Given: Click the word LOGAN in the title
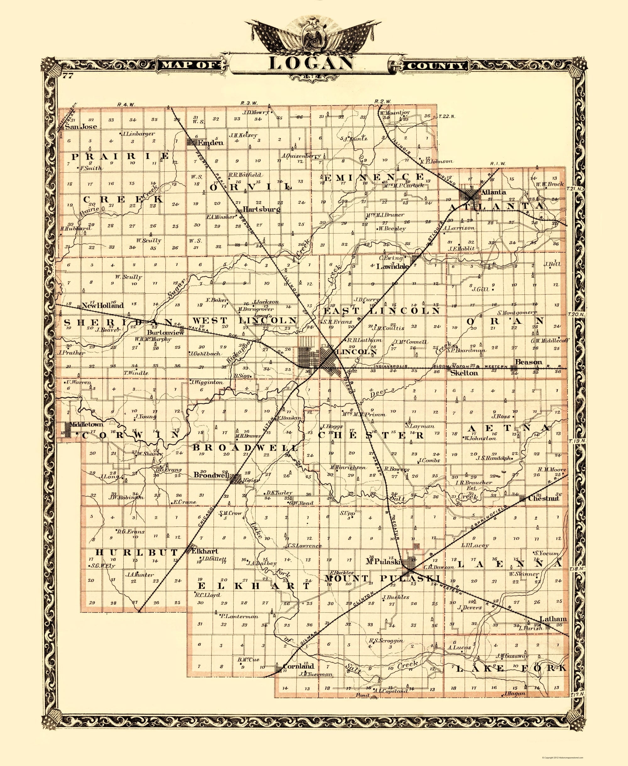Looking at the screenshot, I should (310, 63).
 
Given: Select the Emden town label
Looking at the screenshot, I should (210, 143).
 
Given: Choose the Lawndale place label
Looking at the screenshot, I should (392, 266).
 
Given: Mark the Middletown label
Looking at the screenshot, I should (86, 424).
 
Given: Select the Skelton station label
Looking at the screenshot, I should (464, 373).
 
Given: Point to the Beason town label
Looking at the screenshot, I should (528, 362).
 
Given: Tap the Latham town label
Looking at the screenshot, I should (553, 619).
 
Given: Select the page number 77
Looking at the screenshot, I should (68, 76).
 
